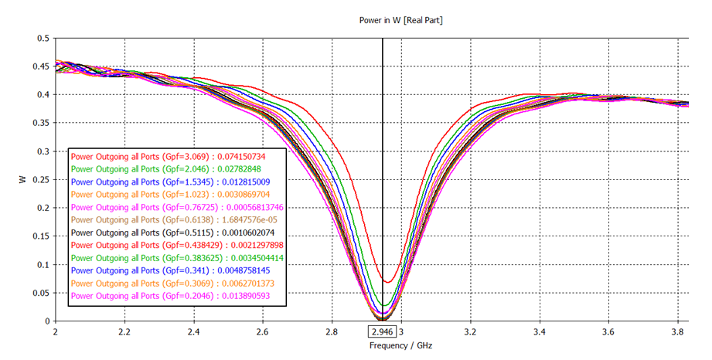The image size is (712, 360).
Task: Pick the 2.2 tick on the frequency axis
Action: pos(124,331)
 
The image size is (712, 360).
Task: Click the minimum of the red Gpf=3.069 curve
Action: pos(388,282)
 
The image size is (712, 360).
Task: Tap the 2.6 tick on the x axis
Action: pos(262,331)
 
